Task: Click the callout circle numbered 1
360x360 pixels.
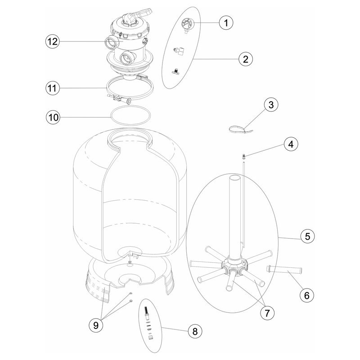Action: [x=226, y=23]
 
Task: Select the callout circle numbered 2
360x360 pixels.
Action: [x=246, y=59]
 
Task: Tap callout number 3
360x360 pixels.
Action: [x=271, y=105]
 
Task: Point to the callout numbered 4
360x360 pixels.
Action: [x=291, y=144]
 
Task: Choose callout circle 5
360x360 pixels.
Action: [x=307, y=236]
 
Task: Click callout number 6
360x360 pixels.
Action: [x=307, y=296]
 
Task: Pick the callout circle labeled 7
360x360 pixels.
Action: [x=267, y=313]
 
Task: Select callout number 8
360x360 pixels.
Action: [x=195, y=332]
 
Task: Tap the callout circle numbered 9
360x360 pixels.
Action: [x=96, y=325]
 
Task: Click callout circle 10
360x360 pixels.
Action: [x=53, y=117]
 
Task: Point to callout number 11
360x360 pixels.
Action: [x=52, y=88]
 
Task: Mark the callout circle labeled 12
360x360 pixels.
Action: [x=52, y=41]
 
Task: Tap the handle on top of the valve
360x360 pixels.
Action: [x=138, y=15]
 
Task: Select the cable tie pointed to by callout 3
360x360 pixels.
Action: [x=240, y=130]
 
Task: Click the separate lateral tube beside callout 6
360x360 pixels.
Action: [x=284, y=270]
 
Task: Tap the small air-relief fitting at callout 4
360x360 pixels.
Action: [x=244, y=157]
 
